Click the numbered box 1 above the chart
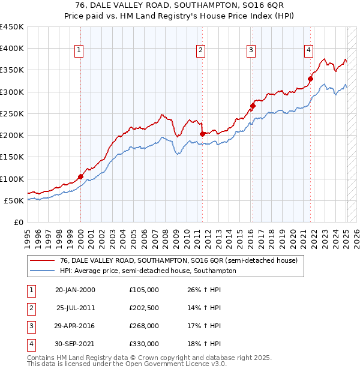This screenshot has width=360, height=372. click(79, 50)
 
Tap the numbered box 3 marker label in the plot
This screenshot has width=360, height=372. click(251, 50)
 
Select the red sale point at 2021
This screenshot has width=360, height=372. click(311, 78)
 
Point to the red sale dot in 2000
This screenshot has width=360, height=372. click(80, 176)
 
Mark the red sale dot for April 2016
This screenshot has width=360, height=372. click(253, 106)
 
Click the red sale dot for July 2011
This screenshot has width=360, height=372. click(202, 134)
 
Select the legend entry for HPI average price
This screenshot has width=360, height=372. click(148, 271)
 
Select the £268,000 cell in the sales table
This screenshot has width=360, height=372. click(143, 326)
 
